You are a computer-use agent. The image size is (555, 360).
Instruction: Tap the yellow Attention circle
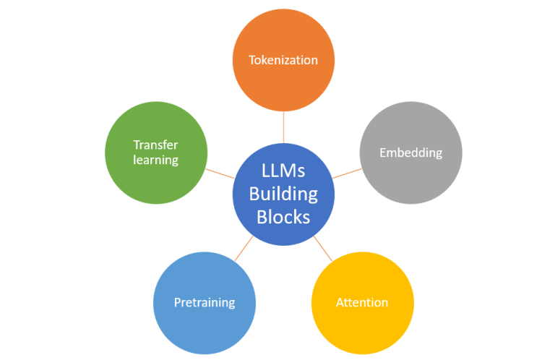[362, 322]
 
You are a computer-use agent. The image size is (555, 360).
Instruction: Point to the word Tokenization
[283, 60]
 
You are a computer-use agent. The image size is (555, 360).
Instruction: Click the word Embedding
[410, 153]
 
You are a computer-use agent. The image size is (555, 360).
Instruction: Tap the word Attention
[362, 302]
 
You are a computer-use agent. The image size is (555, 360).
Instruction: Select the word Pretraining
[205, 302]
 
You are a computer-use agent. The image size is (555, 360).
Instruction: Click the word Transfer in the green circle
[155, 145]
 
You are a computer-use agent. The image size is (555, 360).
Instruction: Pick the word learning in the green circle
[155, 160]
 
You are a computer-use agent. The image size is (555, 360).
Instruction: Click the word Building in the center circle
[283, 194]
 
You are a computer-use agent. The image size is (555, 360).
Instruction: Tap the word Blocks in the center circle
[283, 216]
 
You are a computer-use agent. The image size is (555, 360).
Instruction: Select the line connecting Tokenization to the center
[283, 127]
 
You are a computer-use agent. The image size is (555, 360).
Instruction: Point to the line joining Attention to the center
[323, 249]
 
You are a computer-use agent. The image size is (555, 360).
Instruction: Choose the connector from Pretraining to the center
[244, 249]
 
